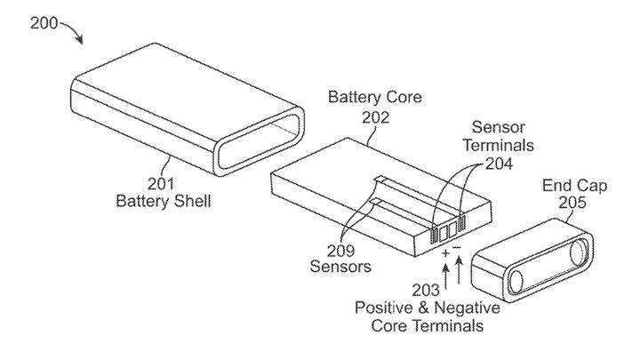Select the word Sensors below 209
[x=340, y=266]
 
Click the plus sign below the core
[x=444, y=253]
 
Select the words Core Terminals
[x=429, y=325]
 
